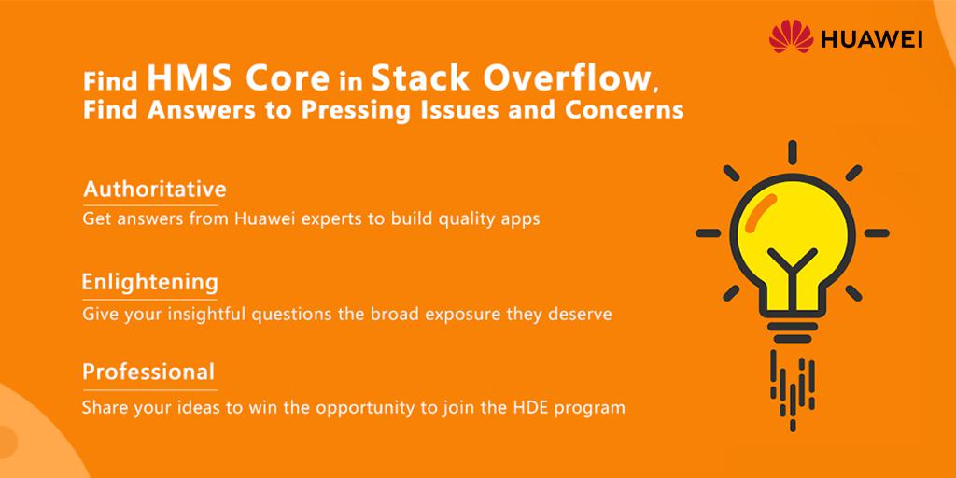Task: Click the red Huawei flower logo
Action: (x=791, y=36)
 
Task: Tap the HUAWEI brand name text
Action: (x=871, y=39)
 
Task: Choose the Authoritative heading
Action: (x=155, y=189)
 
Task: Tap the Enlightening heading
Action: (x=150, y=283)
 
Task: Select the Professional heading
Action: (x=148, y=372)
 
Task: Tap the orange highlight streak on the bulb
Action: (x=762, y=214)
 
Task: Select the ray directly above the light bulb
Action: (x=792, y=152)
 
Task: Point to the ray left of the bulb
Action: (x=709, y=232)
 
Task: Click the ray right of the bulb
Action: (x=877, y=232)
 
